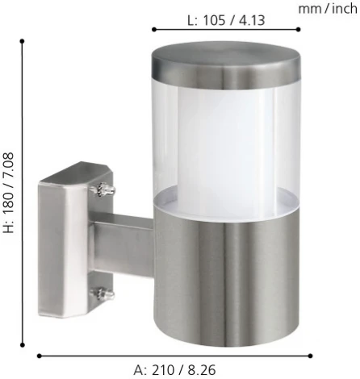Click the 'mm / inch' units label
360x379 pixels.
point(328,9)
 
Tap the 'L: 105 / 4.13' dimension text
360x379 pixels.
point(226,20)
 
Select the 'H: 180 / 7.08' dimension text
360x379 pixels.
point(8,193)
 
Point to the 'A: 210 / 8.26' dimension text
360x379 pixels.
point(174,370)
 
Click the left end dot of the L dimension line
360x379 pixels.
point(154,29)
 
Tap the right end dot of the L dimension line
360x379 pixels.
point(298,29)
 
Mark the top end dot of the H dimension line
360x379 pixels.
point(23,41)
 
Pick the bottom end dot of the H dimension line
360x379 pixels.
point(23,344)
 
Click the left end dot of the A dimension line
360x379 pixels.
point(40,356)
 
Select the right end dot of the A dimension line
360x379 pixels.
point(310,356)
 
